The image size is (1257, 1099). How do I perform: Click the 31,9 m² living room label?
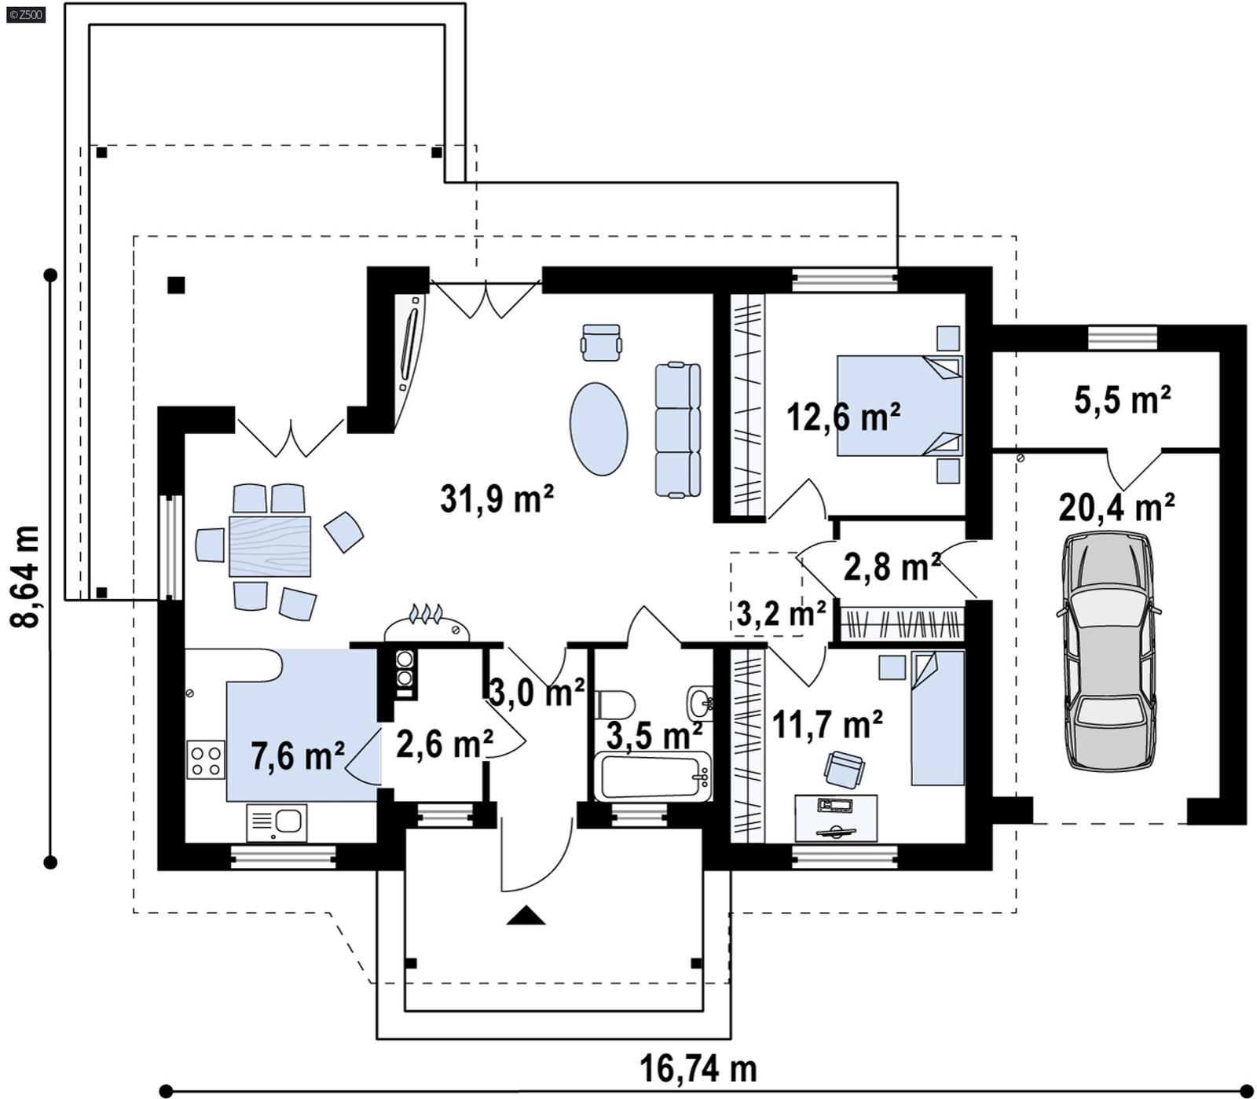[x=497, y=498]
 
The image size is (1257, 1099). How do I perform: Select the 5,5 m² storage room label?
[x=1122, y=400]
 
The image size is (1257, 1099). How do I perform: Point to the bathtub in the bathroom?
[x=653, y=777]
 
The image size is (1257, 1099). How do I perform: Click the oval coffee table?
[x=599, y=428]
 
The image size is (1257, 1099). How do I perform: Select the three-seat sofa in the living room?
[x=677, y=429]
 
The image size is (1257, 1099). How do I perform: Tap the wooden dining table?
[x=269, y=546]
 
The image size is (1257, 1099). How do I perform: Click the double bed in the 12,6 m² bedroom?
[x=899, y=406]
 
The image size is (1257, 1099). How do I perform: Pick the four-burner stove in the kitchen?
[x=206, y=759]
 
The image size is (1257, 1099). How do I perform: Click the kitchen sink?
[x=277, y=822]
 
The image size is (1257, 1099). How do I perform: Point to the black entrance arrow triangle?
[x=526, y=915]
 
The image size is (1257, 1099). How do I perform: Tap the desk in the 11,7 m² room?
[x=836, y=818]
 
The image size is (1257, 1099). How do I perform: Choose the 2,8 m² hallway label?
[x=892, y=566]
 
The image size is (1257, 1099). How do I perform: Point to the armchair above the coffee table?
[x=602, y=342]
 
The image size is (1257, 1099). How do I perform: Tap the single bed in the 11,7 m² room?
[x=937, y=717]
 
